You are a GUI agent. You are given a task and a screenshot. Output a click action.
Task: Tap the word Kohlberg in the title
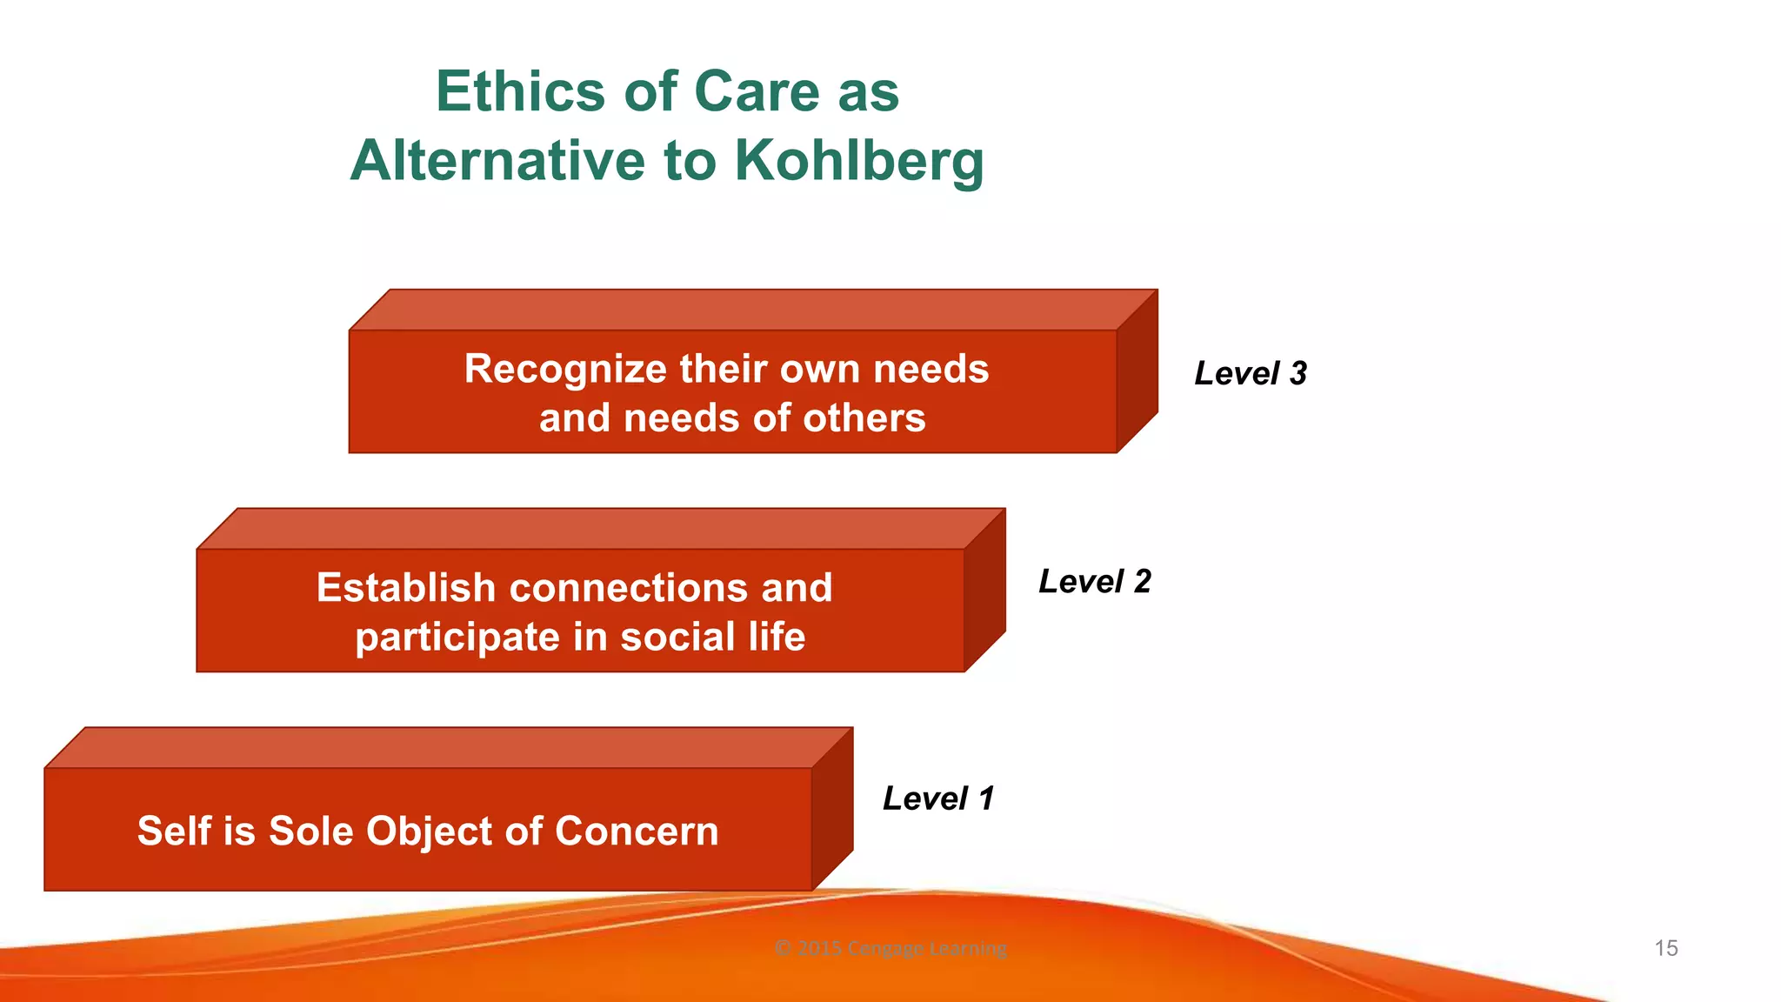tap(859, 162)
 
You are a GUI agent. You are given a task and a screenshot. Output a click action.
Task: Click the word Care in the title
tap(757, 91)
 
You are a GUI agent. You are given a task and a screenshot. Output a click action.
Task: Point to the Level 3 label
tap(1250, 373)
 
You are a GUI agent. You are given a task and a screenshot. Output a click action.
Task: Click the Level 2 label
tap(1094, 581)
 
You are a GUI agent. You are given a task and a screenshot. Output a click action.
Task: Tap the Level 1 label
tap(937, 798)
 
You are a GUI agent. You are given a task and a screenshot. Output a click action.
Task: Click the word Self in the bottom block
tap(174, 831)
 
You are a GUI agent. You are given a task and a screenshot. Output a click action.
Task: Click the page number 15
tap(1665, 948)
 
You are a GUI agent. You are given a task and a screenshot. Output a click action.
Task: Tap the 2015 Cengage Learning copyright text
tap(890, 948)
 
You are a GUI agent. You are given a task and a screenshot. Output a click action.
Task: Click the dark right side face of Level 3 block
tap(1137, 372)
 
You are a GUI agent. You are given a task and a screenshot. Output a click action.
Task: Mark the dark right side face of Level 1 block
tap(832, 810)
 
